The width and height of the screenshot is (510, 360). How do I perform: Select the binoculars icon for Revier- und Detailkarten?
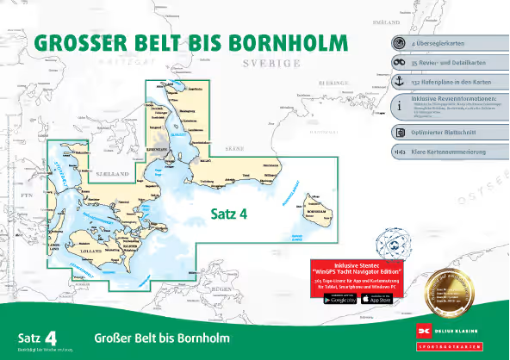399,62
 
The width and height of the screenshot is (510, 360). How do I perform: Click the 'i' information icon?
399,107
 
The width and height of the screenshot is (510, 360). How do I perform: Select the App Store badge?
377,298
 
